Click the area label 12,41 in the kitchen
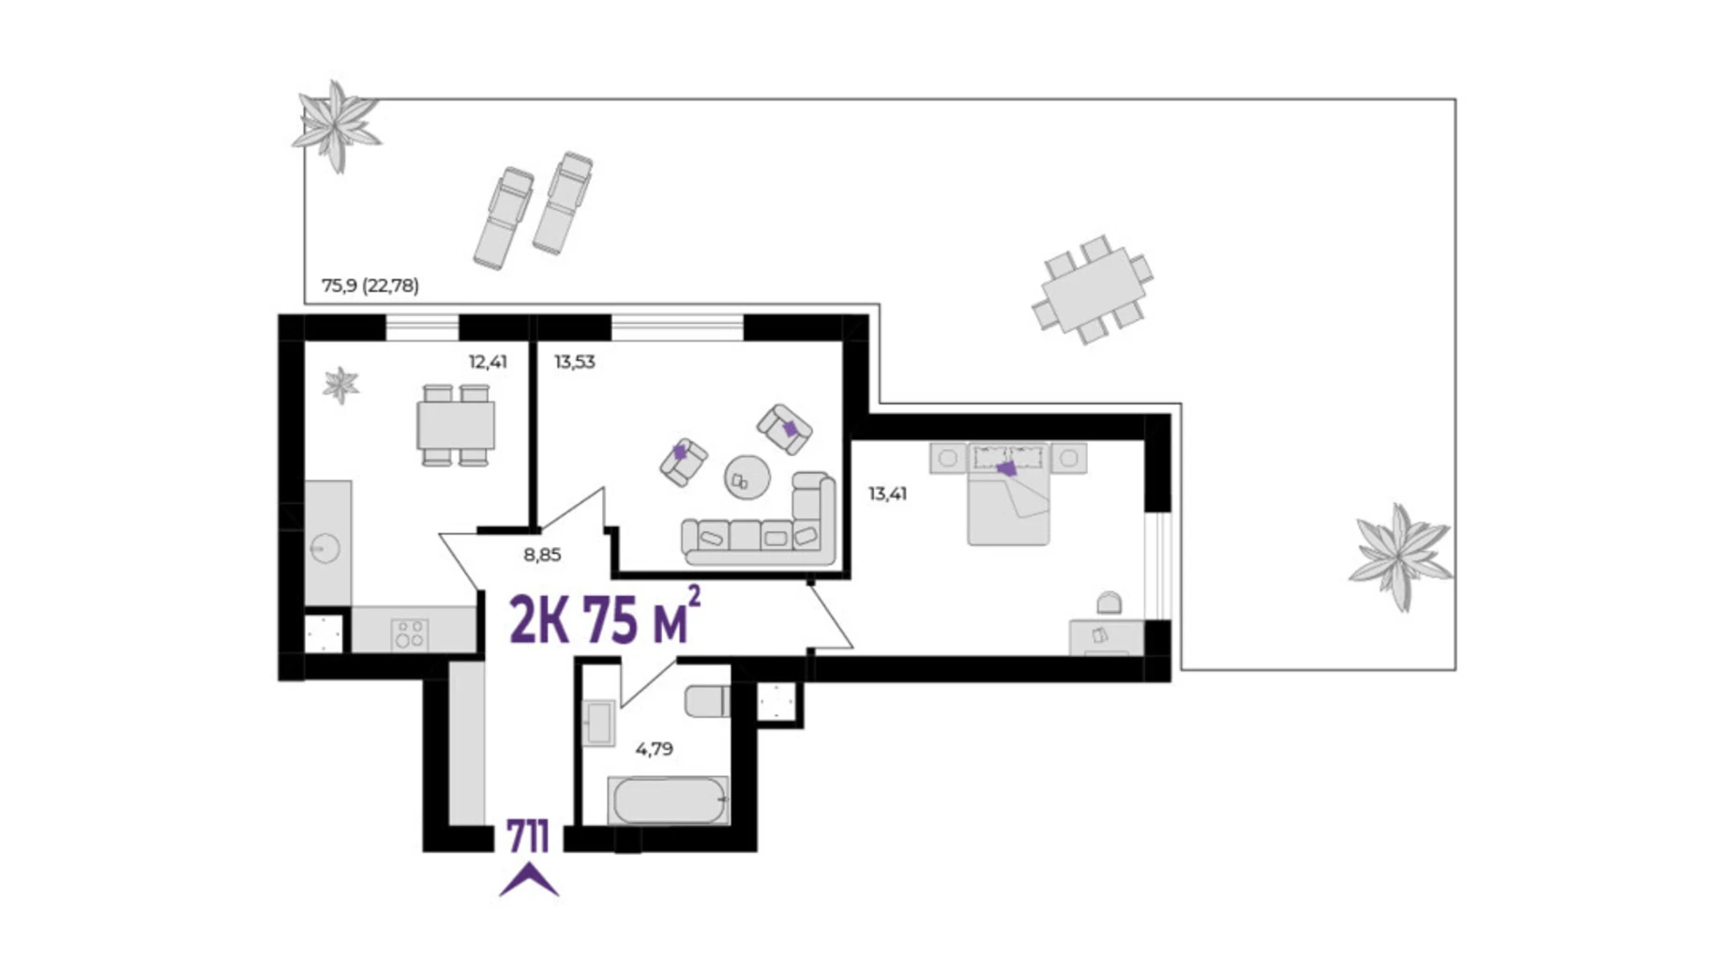(488, 361)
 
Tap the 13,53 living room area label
(574, 361)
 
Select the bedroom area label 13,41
(887, 494)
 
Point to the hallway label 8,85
(542, 555)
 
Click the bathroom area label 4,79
(654, 749)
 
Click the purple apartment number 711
(527, 837)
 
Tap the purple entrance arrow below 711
(529, 881)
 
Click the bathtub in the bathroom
(668, 801)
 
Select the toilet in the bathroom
(707, 701)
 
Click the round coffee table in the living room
(747, 478)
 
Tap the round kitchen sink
(325, 547)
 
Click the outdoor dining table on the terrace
(1093, 290)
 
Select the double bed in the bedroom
(1008, 495)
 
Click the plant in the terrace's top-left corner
(336, 126)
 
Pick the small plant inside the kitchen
(340, 385)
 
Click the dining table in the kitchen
(456, 425)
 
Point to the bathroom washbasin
(597, 723)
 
